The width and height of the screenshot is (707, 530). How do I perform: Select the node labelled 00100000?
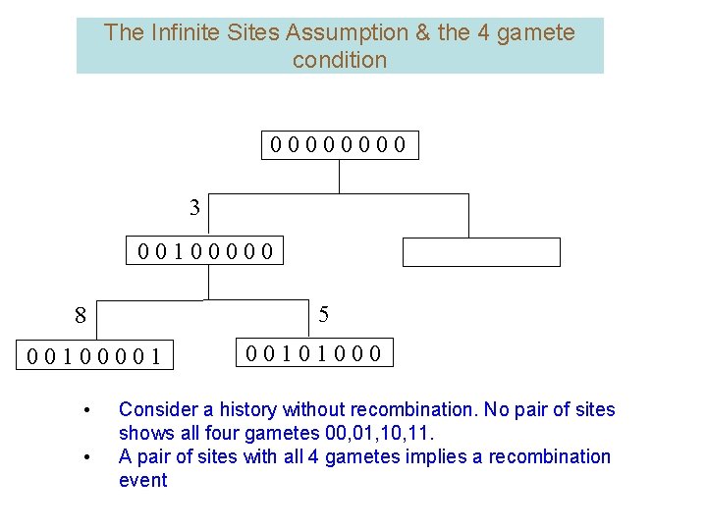[x=206, y=252]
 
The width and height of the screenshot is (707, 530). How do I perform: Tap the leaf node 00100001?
[x=95, y=355]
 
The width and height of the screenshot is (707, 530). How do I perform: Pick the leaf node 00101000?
[x=314, y=352]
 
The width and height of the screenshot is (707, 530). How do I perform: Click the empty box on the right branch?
[x=481, y=252]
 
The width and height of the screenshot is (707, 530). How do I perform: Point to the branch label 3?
[x=194, y=207]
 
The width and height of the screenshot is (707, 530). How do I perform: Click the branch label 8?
[x=81, y=316]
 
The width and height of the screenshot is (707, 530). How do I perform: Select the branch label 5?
[x=324, y=315]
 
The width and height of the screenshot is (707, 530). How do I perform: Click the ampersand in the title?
[x=423, y=32]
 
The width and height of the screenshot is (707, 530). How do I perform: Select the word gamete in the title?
[x=535, y=32]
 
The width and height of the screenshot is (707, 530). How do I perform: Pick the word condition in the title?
[x=340, y=60]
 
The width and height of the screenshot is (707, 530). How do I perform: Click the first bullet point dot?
[x=88, y=410]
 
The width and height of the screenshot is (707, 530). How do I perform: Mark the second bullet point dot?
[x=88, y=457]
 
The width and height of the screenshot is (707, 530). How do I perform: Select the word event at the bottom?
[x=142, y=480]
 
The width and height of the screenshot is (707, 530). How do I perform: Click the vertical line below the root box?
[x=339, y=176]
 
